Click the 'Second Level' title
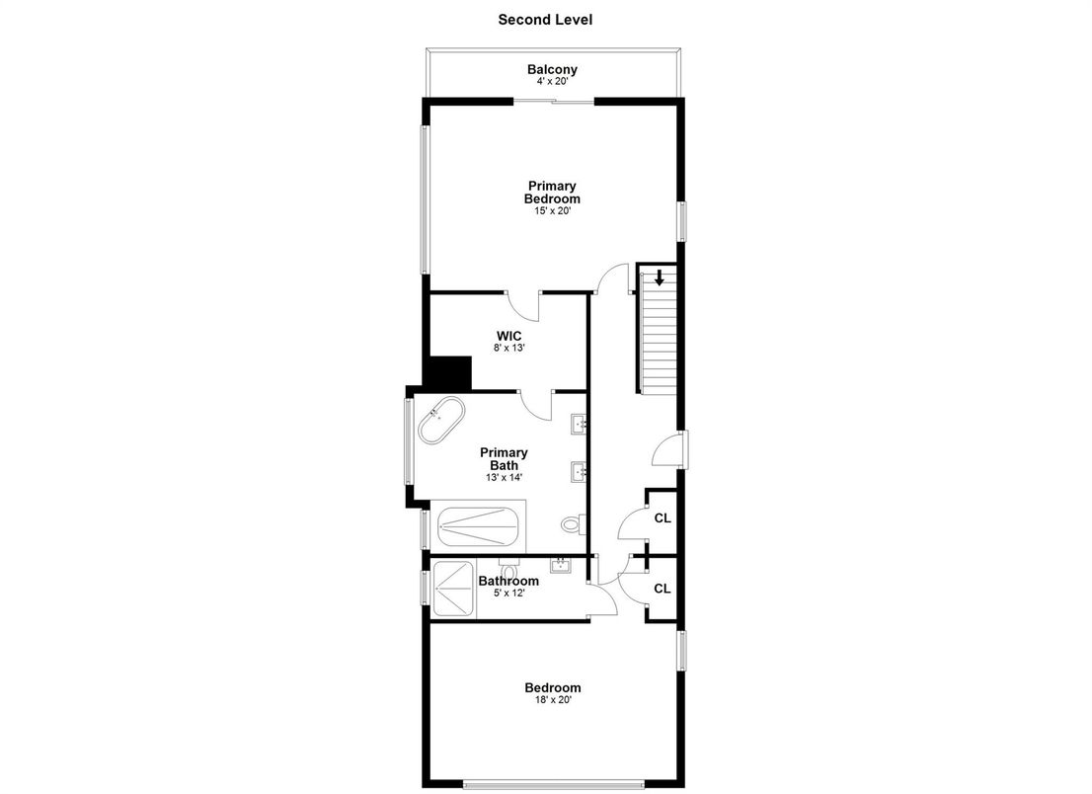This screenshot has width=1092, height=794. pos(545,19)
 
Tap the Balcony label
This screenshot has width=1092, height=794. pos(552,69)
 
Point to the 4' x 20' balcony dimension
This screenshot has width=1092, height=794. pos(552,82)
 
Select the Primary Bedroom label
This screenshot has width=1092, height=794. pos(552,192)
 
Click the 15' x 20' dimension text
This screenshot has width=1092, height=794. pos(552,210)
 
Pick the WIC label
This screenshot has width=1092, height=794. pos(508,336)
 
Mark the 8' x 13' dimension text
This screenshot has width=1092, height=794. pos(508,349)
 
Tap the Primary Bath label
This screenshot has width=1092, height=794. pos(504,458)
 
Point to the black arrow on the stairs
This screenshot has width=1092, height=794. pos(659,278)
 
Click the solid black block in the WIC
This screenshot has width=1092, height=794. pos(449,373)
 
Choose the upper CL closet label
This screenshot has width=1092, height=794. pos(662,517)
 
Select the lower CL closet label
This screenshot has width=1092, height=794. pos(662,589)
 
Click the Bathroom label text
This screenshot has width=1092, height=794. pos(508,581)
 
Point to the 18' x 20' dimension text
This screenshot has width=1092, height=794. pos(552,700)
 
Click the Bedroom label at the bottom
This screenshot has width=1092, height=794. pos(552,687)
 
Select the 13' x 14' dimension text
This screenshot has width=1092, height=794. pos(504,477)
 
